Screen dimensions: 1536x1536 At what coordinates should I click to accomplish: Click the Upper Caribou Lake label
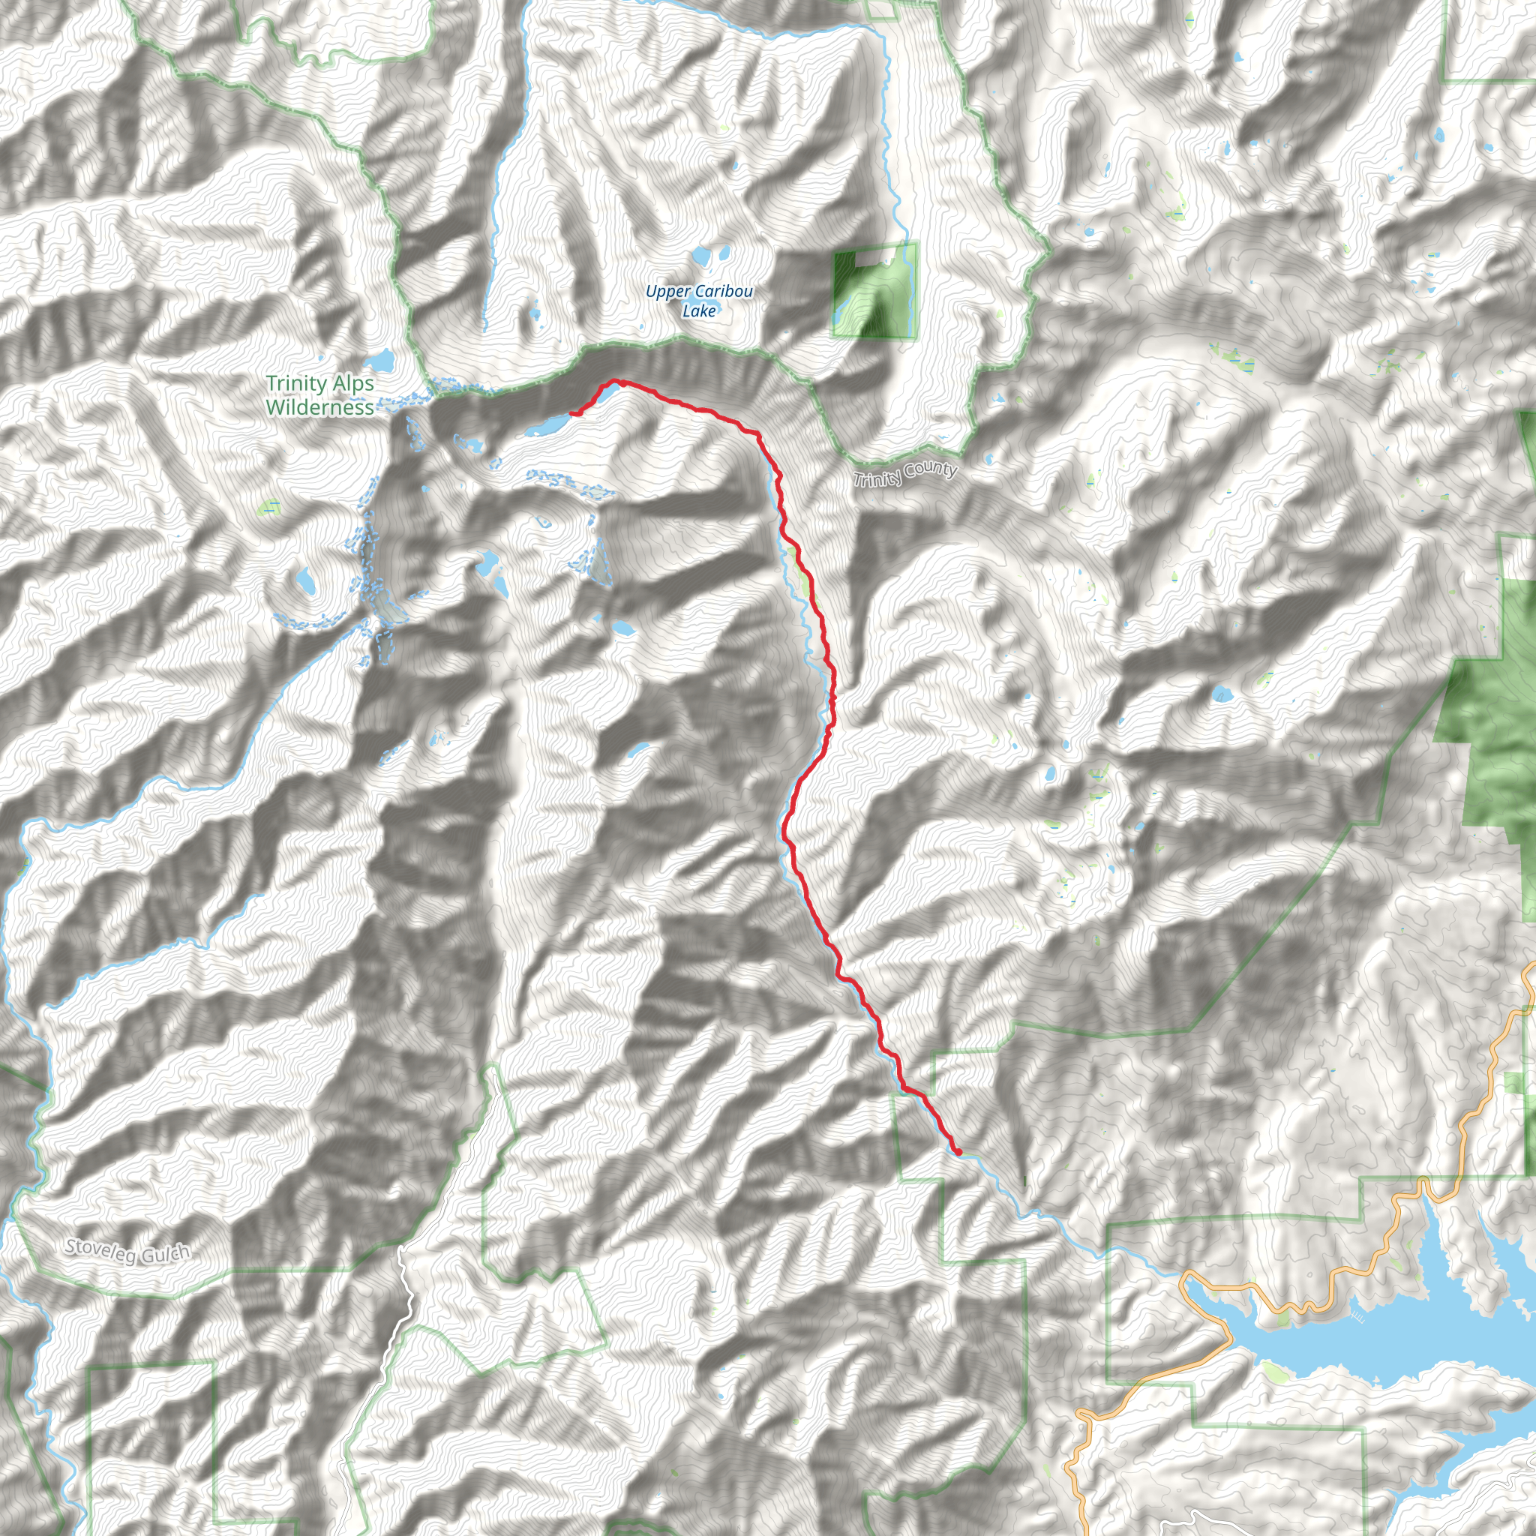[699, 301]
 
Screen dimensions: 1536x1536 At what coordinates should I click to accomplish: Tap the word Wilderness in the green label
[319, 407]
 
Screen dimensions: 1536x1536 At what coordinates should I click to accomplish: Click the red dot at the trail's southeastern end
[958, 1152]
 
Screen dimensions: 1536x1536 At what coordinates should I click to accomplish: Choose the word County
[929, 469]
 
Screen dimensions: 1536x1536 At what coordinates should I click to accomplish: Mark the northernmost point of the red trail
[617, 381]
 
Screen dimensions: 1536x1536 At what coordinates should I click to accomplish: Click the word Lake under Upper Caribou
[699, 310]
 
